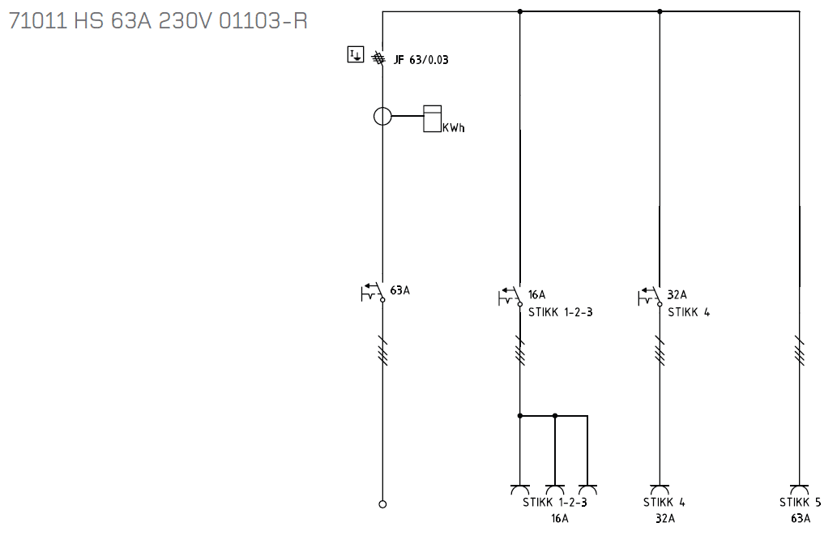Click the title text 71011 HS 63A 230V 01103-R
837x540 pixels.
tap(158, 21)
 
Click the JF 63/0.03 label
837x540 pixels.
tap(421, 60)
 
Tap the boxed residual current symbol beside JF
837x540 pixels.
tap(356, 54)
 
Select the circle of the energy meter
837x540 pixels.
tap(382, 116)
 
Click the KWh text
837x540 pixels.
tap(453, 127)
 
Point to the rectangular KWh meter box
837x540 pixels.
tap(433, 118)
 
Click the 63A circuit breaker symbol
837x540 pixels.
tap(374, 293)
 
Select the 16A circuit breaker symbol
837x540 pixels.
tap(510, 297)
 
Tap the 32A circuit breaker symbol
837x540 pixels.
tap(650, 297)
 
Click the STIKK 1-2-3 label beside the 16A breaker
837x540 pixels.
tap(561, 312)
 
